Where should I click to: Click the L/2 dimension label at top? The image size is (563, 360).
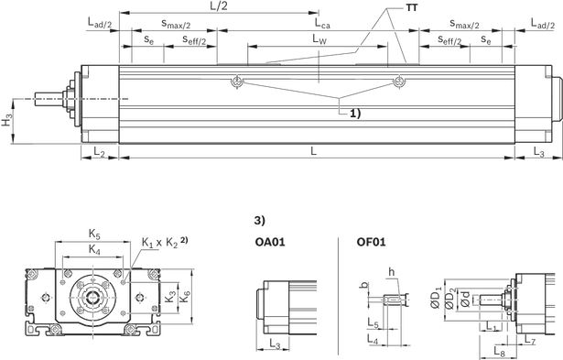coord(219,6)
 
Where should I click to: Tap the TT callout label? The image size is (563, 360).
coord(412,7)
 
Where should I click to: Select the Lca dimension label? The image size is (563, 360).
coord(322,23)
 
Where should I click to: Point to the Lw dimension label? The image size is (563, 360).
coord(319,38)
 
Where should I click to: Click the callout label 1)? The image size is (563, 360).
coord(355,114)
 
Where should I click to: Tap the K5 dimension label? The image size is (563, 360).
coord(94,235)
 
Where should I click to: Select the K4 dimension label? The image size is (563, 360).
coord(94,249)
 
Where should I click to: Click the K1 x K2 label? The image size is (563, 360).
coord(160,243)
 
